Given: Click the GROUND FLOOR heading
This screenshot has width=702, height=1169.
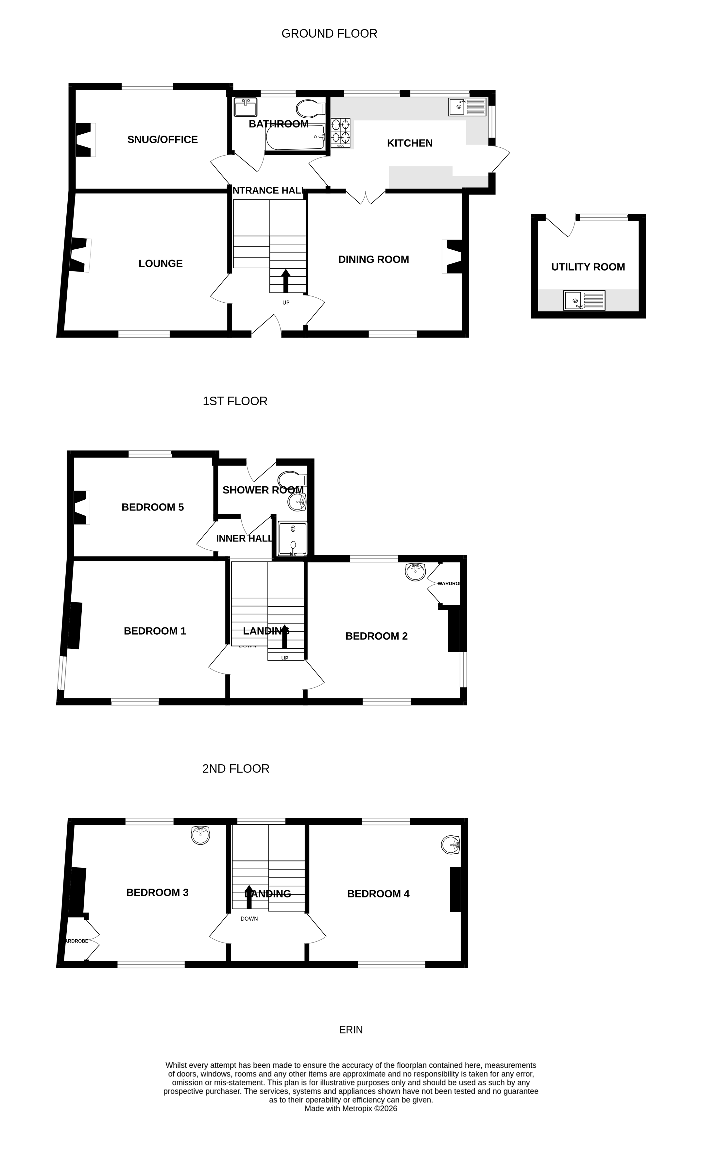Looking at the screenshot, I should pos(329,34).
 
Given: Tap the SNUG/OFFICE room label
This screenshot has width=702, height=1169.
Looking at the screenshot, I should pos(162,140).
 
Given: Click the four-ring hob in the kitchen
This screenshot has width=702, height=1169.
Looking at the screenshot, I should pos(341,131).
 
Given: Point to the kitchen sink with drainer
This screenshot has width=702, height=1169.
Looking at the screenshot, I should pos(467,107).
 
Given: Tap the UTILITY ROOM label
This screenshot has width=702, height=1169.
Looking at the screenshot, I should pos(588,267).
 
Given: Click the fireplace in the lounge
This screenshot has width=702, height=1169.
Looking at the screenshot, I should pos(79,255).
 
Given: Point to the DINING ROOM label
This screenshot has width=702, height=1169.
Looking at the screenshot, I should pos(373,259).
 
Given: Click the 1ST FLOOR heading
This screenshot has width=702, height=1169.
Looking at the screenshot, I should pos(235,401).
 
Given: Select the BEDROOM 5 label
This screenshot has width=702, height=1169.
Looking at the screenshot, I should pos(152,507).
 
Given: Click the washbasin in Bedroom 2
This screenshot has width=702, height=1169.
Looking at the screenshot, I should pos(415,572).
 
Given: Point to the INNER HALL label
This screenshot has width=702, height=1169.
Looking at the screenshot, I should pos(244,538).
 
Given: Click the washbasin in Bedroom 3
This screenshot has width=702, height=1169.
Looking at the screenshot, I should pos(200,835).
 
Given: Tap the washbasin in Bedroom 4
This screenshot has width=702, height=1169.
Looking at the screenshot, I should pos(450,845).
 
